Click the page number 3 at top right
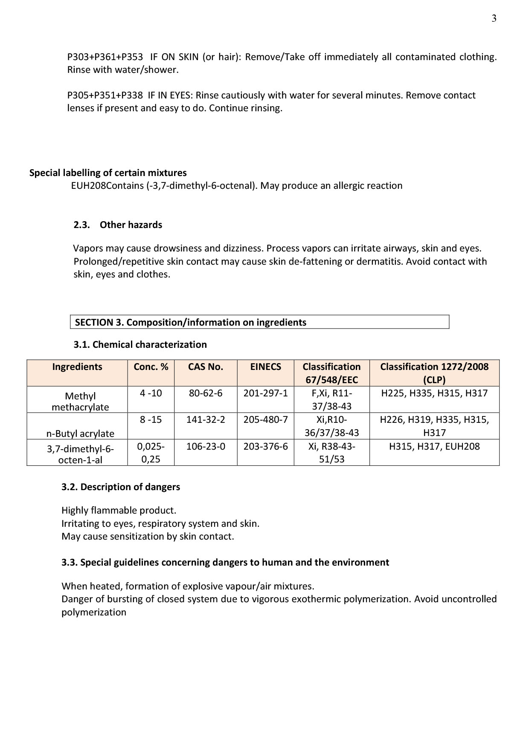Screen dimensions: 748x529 tap(494, 18)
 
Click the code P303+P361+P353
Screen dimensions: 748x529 tap(105, 57)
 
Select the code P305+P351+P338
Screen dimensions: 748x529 tap(105, 95)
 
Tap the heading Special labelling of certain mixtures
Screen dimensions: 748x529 tap(108, 173)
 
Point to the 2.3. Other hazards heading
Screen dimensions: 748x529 tap(118, 225)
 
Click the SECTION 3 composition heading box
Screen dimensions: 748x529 tap(259, 322)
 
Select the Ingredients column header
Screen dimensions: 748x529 tap(77, 367)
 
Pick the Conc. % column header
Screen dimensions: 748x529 tap(151, 367)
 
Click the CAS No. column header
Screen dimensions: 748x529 tap(206, 367)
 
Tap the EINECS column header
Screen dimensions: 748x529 tap(266, 367)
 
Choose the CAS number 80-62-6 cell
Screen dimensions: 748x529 tap(206, 393)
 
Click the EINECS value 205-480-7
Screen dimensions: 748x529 tap(266, 420)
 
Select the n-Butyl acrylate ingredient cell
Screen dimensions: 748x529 tap(80, 433)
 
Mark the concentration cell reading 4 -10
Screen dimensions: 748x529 tap(151, 393)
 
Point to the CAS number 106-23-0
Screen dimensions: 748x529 tap(206, 447)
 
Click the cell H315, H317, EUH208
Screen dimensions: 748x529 tap(434, 447)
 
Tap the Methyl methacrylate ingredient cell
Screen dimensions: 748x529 tap(80, 401)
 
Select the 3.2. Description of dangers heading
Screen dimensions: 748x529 tap(121, 487)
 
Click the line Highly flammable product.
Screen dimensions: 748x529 tap(119, 511)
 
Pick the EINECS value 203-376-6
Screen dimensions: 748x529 tap(266, 447)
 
